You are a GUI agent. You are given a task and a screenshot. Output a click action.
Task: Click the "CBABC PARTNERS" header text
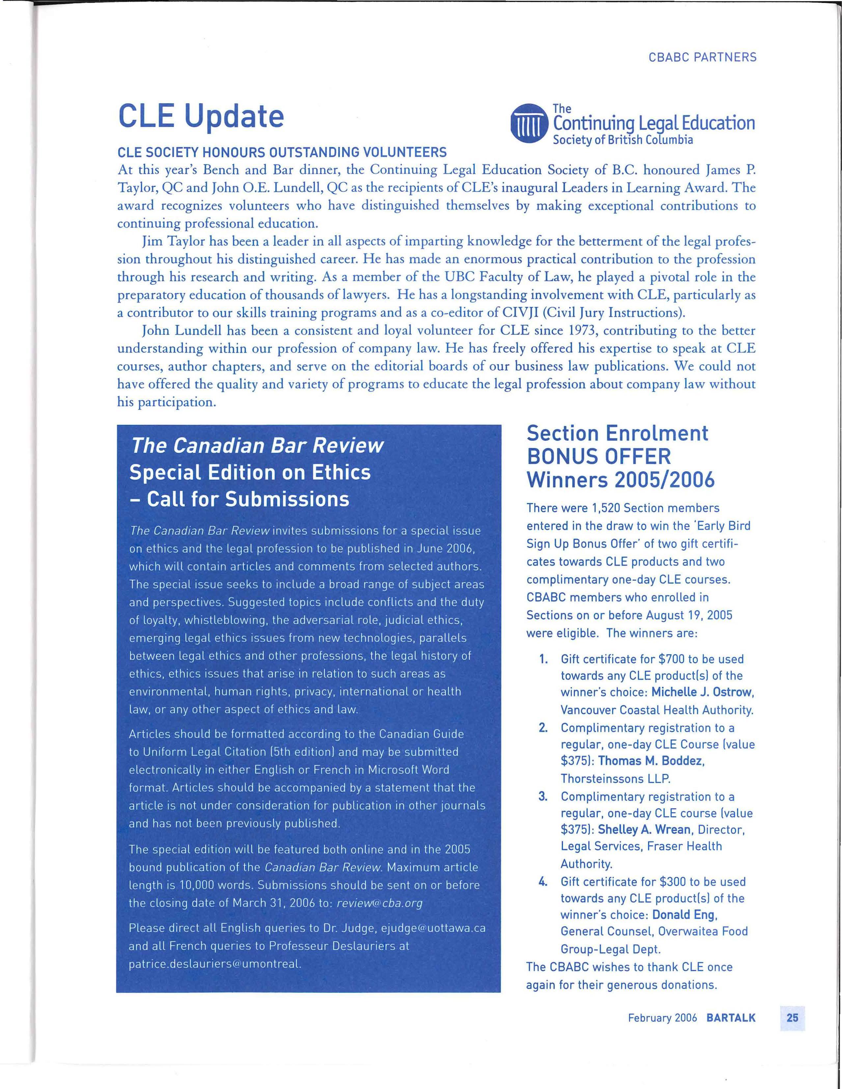702,57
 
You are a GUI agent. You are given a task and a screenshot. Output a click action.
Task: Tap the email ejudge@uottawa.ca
433,928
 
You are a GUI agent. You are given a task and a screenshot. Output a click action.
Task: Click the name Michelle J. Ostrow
702,692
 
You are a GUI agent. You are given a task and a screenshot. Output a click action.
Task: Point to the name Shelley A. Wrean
644,829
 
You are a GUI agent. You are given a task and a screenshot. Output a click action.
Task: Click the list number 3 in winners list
543,796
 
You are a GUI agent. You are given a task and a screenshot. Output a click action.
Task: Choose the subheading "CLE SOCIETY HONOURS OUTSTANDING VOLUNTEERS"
282,152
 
